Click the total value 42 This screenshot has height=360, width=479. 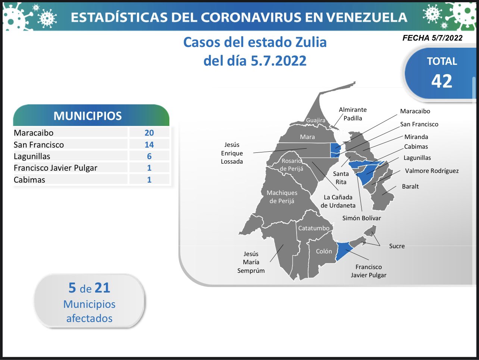coord(441,81)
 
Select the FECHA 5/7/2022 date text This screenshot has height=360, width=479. coord(432,38)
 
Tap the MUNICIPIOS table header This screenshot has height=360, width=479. coord(88,116)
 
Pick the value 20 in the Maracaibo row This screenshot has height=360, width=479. coord(149,133)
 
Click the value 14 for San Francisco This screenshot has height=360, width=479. coord(149,145)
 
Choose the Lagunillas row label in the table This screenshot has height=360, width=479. coord(32,156)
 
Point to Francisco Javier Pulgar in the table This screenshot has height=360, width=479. coord(56,168)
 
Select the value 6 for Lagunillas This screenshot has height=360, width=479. coord(149,156)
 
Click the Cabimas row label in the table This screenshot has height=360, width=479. coord(29,180)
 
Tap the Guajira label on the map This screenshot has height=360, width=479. coord(316,120)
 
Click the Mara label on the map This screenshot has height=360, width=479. coord(307,137)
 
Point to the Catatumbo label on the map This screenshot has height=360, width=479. coord(314,228)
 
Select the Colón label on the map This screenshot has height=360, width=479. coord(324,251)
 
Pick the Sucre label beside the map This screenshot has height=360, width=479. coord(397,246)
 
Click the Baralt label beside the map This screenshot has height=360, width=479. coord(410,187)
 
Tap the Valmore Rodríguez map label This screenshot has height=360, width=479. coord(432,171)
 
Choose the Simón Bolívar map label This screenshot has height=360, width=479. coord(361,218)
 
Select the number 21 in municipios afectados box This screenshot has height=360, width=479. coord(102,288)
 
